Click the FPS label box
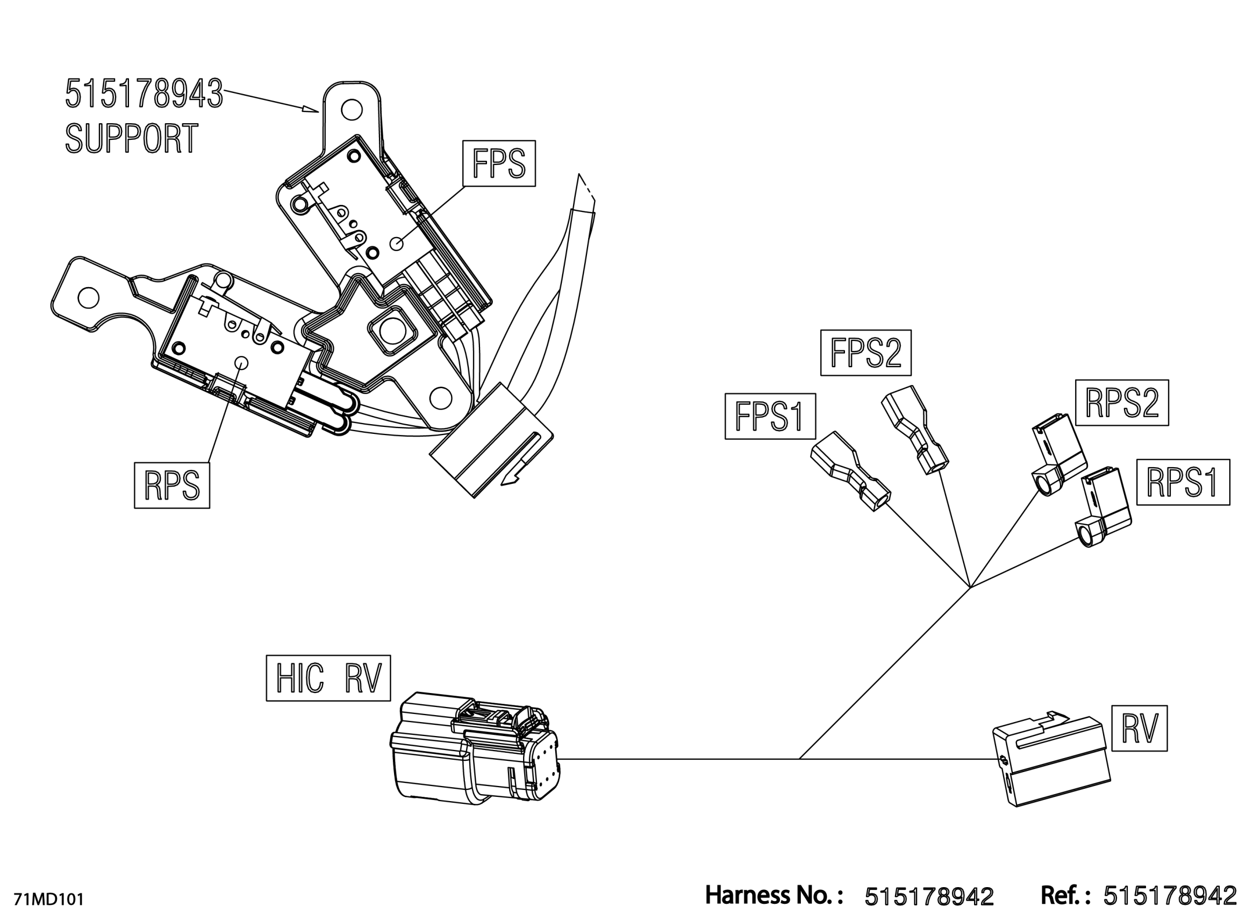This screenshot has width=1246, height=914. click(499, 163)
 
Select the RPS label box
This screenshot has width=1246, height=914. click(171, 485)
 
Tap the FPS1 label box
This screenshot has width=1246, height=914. click(770, 417)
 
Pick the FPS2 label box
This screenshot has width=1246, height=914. click(865, 353)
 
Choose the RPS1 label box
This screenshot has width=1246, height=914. click(1183, 482)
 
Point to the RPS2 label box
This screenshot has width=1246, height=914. click(1122, 403)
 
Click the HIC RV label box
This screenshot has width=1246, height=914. click(328, 679)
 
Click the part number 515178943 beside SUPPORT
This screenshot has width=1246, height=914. click(144, 94)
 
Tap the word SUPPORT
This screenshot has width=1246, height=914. click(132, 138)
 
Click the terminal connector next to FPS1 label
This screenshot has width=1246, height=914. click(850, 471)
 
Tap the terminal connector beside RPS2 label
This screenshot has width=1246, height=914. click(1058, 454)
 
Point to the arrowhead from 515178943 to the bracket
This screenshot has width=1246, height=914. click(311, 109)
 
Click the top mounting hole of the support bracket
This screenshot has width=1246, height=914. click(352, 110)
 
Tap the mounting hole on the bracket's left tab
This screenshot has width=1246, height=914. click(89, 298)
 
